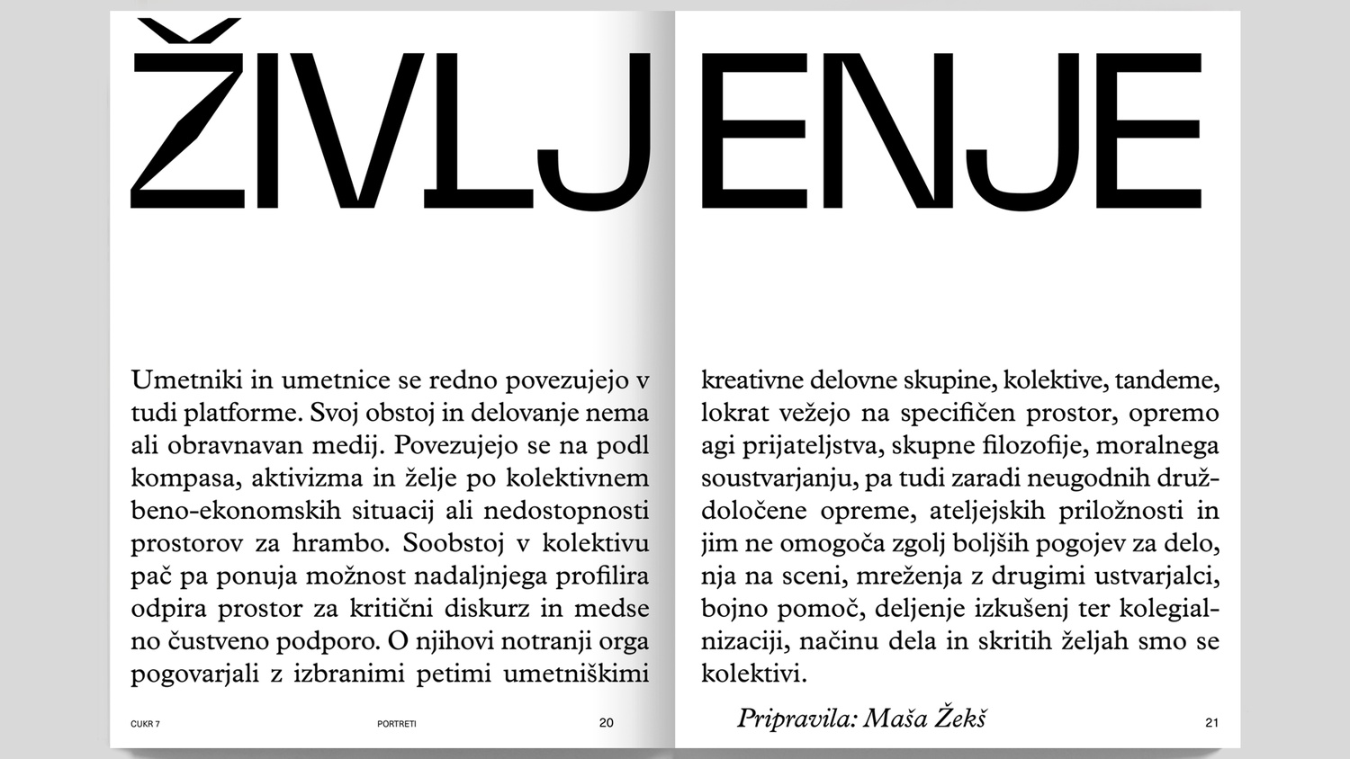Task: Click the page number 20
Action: (606, 722)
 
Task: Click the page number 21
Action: (1210, 722)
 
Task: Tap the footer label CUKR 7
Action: (145, 723)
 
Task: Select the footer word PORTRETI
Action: (397, 723)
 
